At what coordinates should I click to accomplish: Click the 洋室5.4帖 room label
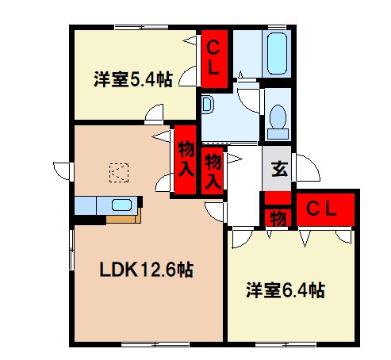click(x=132, y=79)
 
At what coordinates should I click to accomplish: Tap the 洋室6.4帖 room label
click(x=284, y=290)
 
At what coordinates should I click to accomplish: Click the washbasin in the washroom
click(x=207, y=105)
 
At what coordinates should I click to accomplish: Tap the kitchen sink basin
click(x=122, y=205)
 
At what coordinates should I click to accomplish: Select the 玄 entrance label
click(x=279, y=168)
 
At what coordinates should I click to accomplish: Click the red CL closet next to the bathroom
click(x=213, y=57)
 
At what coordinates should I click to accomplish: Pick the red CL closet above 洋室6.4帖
click(x=324, y=209)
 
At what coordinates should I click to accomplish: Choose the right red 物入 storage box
click(x=213, y=170)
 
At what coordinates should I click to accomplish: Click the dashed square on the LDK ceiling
click(x=118, y=170)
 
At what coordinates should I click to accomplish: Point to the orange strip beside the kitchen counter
click(x=128, y=216)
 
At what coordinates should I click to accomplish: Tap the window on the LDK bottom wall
click(x=140, y=345)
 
